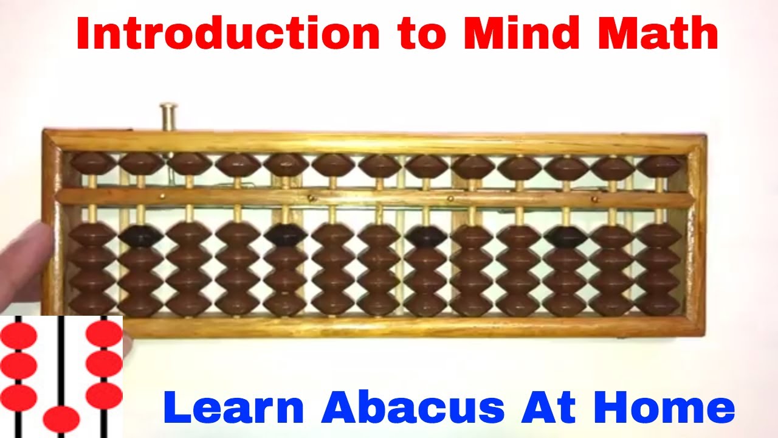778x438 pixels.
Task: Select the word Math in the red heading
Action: pos(659,35)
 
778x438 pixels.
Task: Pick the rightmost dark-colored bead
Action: pos(565,236)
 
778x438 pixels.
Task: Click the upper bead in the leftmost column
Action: pos(93,164)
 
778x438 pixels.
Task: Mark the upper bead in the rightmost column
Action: pos(659,165)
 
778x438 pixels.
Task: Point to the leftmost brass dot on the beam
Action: pos(162,196)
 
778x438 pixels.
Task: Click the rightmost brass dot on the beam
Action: pos(594,198)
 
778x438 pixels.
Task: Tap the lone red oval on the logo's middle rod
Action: pos(61,420)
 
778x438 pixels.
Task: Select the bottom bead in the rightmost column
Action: pos(659,303)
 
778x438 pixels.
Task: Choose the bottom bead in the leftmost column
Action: pos(92,303)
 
